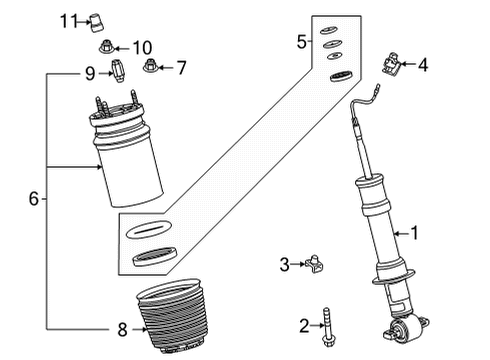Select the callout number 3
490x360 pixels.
[x=284, y=264]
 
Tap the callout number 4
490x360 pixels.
[x=422, y=65]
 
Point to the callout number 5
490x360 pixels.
[x=301, y=41]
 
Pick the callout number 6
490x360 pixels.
[x=33, y=199]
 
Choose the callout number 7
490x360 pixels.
[x=181, y=68]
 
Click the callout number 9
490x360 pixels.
[x=89, y=72]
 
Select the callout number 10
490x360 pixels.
[x=142, y=46]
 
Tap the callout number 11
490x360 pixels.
[x=67, y=20]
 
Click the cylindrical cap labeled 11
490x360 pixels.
[x=98, y=20]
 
